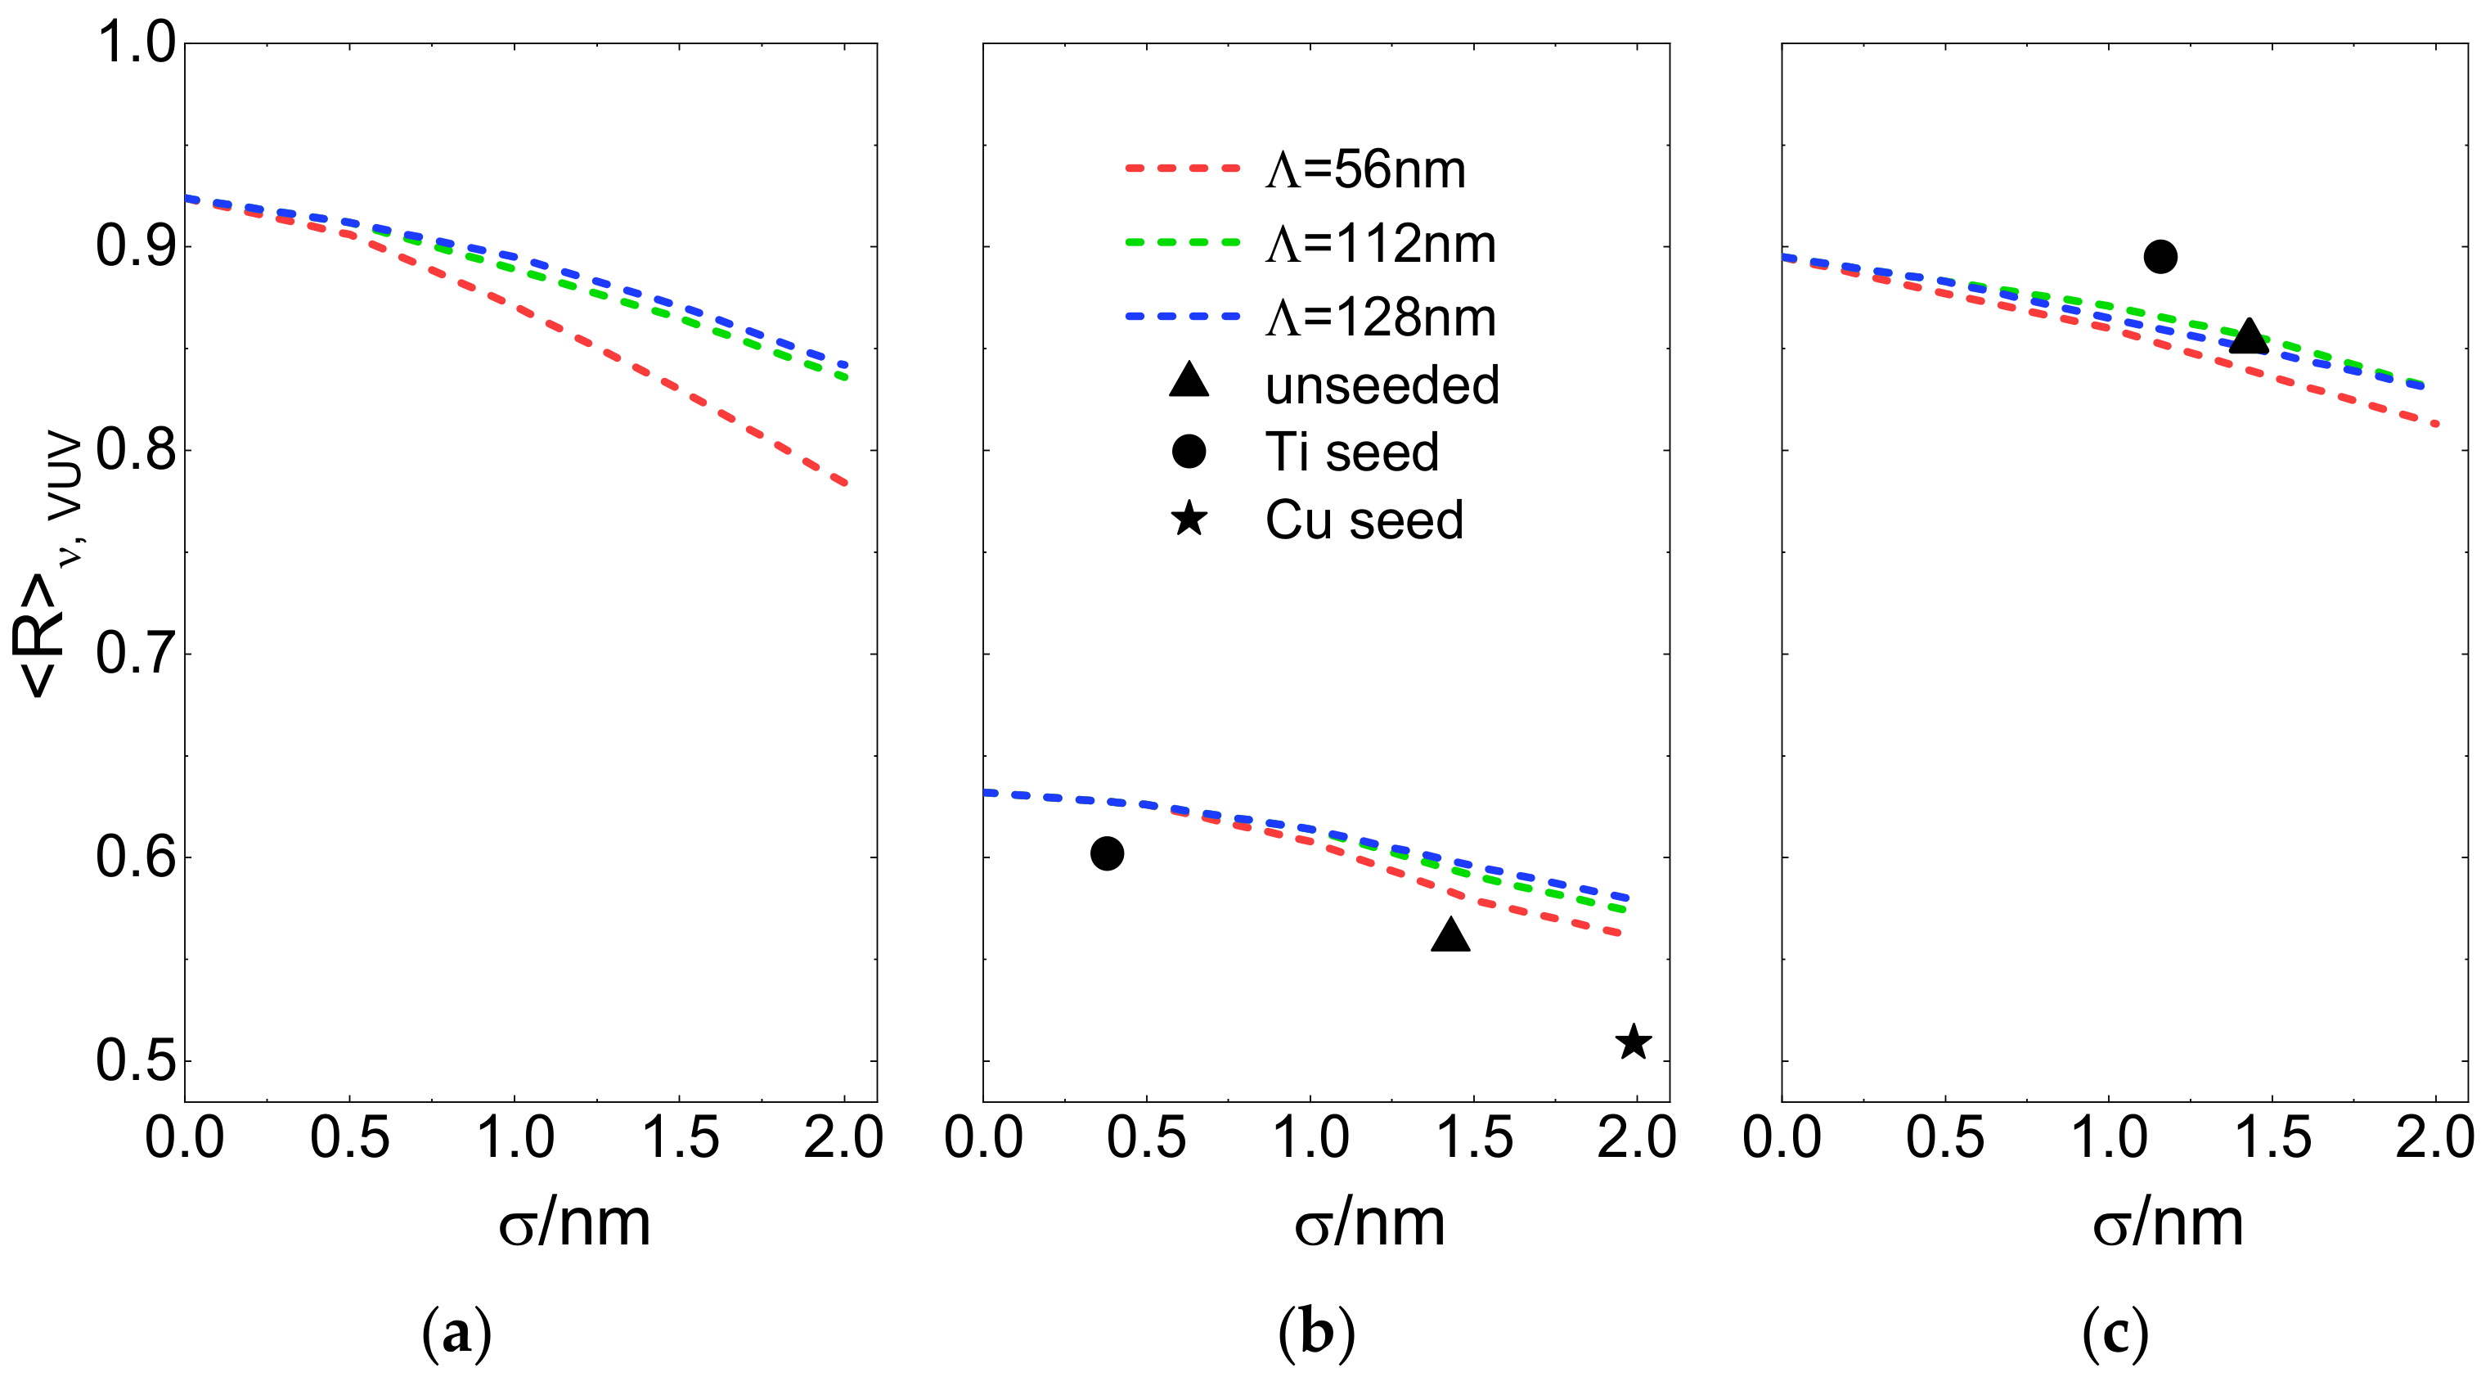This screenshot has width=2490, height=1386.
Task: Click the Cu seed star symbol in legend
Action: (x=1188, y=520)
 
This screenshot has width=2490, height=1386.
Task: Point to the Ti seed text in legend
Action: (x=1351, y=452)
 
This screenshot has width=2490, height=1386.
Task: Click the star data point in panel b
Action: (x=1634, y=1042)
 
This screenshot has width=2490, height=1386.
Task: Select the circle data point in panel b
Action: (x=1107, y=853)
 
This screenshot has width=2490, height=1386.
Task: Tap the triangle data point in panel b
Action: (x=1450, y=937)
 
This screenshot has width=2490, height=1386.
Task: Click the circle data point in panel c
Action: (x=2160, y=257)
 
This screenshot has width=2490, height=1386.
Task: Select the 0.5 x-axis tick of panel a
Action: (x=349, y=1137)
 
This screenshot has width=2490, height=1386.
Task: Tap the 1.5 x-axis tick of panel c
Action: (x=2272, y=1137)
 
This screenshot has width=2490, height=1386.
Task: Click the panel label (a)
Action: (x=456, y=1334)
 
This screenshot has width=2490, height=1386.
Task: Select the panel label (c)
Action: (x=2115, y=1334)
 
